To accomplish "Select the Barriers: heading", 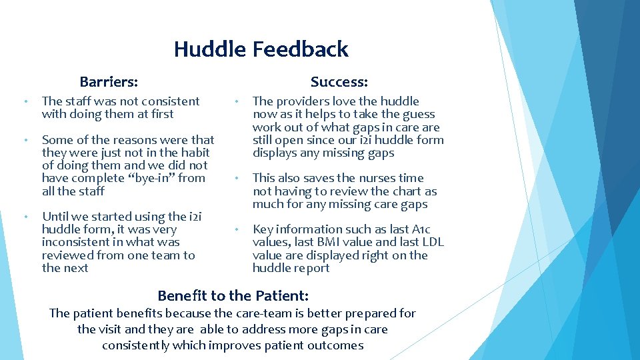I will pos(109,82).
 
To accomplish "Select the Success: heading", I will pos(339,82).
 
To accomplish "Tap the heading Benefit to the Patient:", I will pos(233,295).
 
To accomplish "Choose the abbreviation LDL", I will pos(431,243).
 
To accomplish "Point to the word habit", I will pos(195,153).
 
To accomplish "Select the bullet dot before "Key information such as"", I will pos(236,230).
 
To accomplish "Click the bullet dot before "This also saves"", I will pos(236,179).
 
